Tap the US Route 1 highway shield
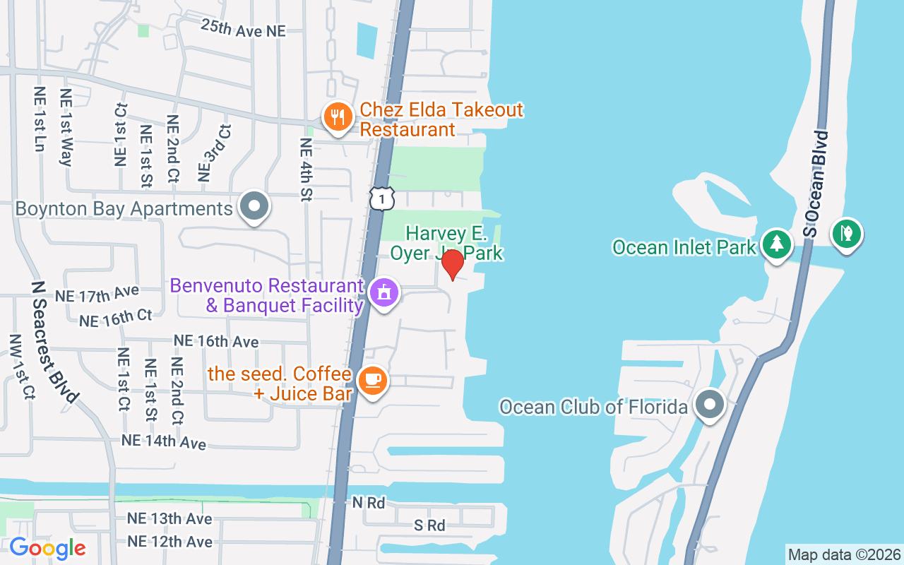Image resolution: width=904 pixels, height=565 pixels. [381, 198]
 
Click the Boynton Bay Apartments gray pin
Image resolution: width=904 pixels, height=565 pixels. [254, 207]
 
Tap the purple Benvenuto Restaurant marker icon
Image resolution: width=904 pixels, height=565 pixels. [384, 292]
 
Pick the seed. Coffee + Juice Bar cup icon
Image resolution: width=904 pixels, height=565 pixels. [372, 381]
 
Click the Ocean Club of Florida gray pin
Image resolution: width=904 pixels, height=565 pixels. [709, 405]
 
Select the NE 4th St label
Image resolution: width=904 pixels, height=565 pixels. [306, 169]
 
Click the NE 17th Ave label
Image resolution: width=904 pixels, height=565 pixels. [97, 294]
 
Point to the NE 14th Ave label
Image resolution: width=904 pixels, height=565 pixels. [164, 442]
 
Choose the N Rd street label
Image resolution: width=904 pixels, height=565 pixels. [369, 503]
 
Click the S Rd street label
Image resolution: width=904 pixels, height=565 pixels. [429, 525]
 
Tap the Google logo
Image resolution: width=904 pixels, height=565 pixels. [47, 548]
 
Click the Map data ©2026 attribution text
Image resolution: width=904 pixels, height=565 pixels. [844, 554]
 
